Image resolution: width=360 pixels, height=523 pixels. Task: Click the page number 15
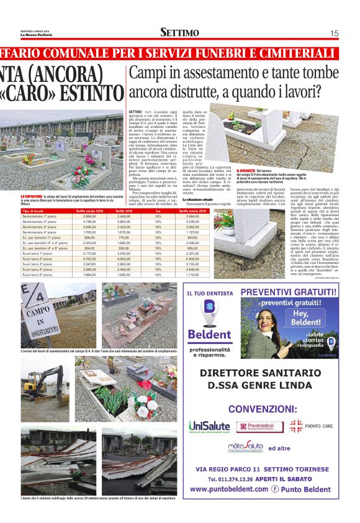pos(334,33)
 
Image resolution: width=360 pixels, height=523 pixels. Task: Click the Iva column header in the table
pos(157,211)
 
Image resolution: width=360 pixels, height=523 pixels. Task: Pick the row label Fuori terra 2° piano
pos(37,258)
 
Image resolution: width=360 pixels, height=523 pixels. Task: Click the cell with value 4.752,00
pos(89,258)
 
